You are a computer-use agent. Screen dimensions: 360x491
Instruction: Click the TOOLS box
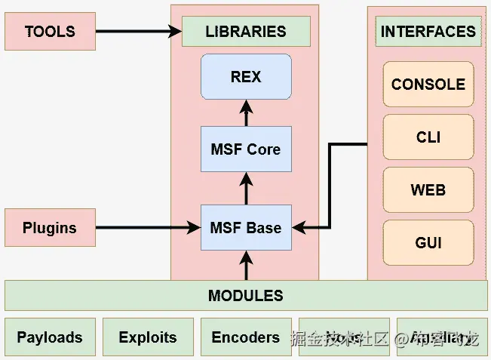point(50,32)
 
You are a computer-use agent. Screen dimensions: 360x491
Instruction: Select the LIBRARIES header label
point(246,32)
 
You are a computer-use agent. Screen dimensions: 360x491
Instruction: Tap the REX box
point(246,76)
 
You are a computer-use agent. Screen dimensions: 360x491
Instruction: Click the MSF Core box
point(246,149)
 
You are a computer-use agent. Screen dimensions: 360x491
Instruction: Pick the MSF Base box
point(246,227)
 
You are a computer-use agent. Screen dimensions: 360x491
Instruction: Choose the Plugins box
point(50,227)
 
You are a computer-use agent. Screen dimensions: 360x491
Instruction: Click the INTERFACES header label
point(428,32)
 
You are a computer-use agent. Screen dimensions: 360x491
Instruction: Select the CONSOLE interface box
point(428,85)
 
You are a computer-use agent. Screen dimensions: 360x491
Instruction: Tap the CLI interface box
point(428,137)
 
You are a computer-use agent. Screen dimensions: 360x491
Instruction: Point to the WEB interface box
point(428,190)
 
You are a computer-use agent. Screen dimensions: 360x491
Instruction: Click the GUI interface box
point(428,243)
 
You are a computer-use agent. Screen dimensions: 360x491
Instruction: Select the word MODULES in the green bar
point(246,295)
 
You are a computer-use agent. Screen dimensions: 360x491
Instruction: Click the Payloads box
point(50,337)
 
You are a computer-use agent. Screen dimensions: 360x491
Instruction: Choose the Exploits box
point(148,337)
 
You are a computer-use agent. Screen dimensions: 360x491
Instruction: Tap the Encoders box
point(246,337)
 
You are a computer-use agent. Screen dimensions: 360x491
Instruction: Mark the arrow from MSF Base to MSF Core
point(246,188)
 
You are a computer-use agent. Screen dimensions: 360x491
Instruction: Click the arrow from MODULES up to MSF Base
point(246,266)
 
